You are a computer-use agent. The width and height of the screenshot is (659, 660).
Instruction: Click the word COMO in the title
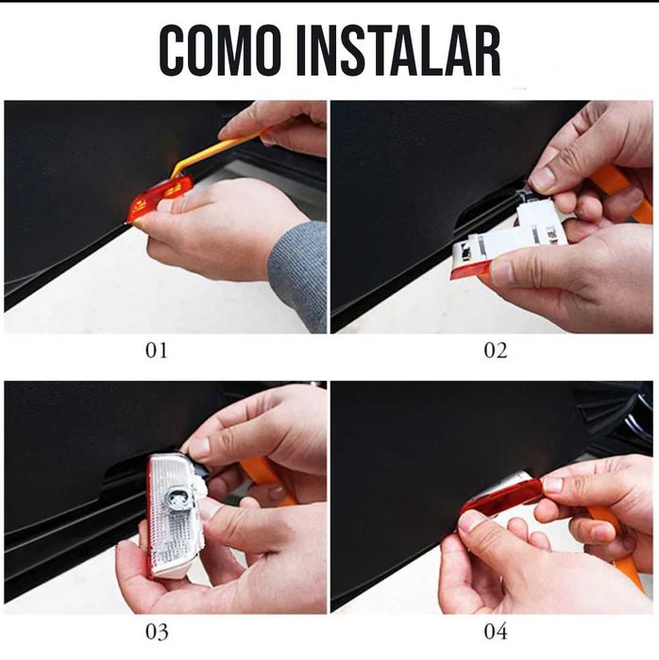(x=220, y=51)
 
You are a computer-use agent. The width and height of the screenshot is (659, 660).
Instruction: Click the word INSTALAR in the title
(x=398, y=51)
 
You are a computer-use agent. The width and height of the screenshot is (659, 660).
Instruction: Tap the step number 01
(x=157, y=350)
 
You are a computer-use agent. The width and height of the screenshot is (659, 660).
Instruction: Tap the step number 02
(x=496, y=350)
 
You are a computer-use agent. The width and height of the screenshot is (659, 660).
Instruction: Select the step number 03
(x=157, y=632)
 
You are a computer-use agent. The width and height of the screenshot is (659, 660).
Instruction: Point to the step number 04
(x=496, y=632)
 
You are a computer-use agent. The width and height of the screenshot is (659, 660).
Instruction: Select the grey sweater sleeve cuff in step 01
(x=298, y=275)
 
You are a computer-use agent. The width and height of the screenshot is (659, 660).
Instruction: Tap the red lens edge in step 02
(x=470, y=270)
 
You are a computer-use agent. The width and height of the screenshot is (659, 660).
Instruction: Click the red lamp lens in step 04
(x=501, y=499)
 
